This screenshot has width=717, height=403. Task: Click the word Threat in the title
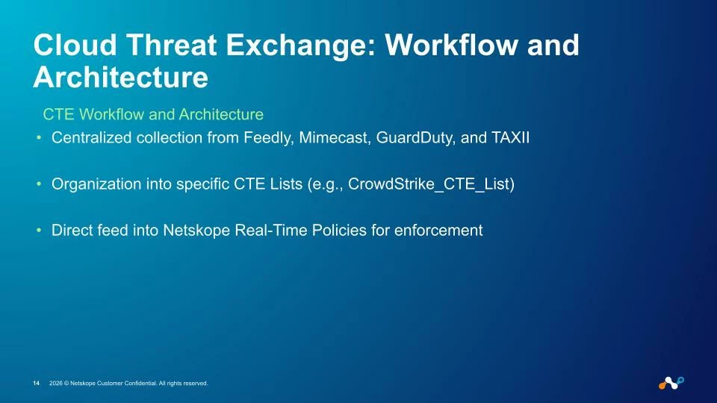[171, 46]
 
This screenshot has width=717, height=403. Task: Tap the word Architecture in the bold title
[121, 77]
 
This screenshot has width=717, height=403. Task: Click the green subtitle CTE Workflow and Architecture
[153, 114]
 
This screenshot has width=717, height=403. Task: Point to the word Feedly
[268, 137]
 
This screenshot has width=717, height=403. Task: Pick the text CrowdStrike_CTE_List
[429, 184]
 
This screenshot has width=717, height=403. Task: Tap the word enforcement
[438, 231]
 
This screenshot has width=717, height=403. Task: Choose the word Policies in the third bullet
[339, 231]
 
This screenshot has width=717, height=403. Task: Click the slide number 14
[36, 384]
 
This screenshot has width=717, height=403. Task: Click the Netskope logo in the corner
[671, 383]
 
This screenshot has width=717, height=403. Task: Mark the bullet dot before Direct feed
[39, 231]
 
